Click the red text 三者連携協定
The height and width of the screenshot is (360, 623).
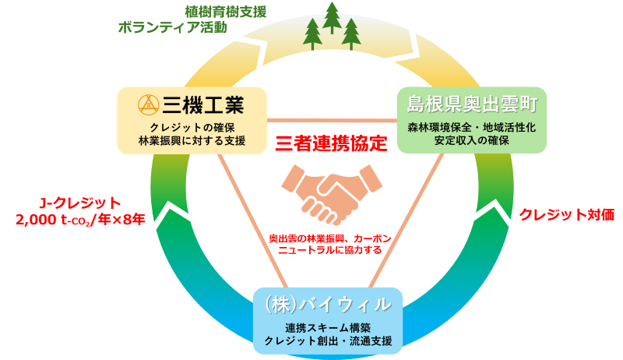point(331,143)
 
